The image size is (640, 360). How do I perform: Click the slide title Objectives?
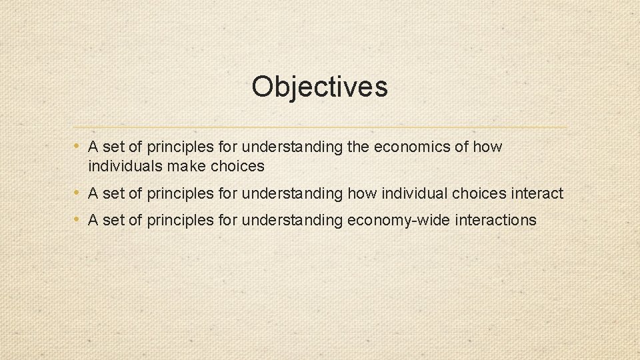[319, 87]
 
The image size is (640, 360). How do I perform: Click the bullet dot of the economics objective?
[78, 146]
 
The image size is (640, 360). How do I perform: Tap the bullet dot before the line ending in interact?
[78, 193]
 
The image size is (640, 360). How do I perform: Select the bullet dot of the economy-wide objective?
[78, 220]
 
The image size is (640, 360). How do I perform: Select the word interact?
[537, 194]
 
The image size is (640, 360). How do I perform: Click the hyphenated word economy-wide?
[399, 221]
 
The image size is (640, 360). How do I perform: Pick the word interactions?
[495, 221]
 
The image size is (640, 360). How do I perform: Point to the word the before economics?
[359, 147]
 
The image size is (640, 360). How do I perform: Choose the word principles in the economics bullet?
[177, 147]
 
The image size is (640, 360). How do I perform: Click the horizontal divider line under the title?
[320, 127]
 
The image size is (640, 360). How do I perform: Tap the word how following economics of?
[489, 147]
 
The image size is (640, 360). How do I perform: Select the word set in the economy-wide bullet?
[113, 221]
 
